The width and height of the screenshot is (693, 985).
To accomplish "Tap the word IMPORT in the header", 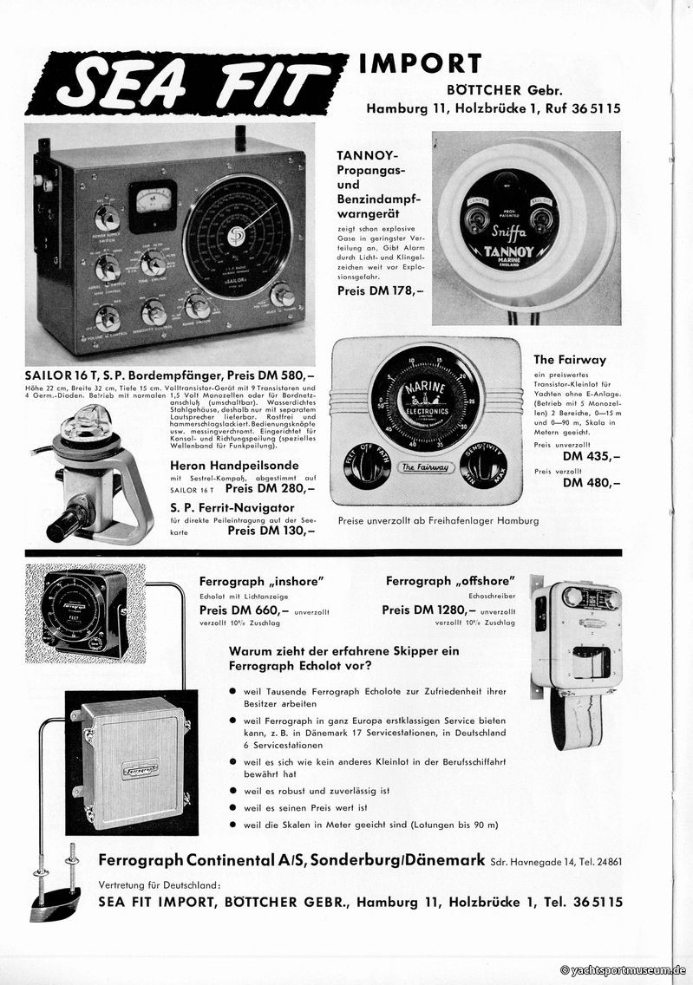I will point(420,64).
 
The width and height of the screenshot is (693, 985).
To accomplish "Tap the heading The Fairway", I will point(569,359).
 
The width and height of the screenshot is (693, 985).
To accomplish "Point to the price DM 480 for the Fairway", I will point(592,483).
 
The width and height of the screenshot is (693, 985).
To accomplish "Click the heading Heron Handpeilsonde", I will point(223,465).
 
